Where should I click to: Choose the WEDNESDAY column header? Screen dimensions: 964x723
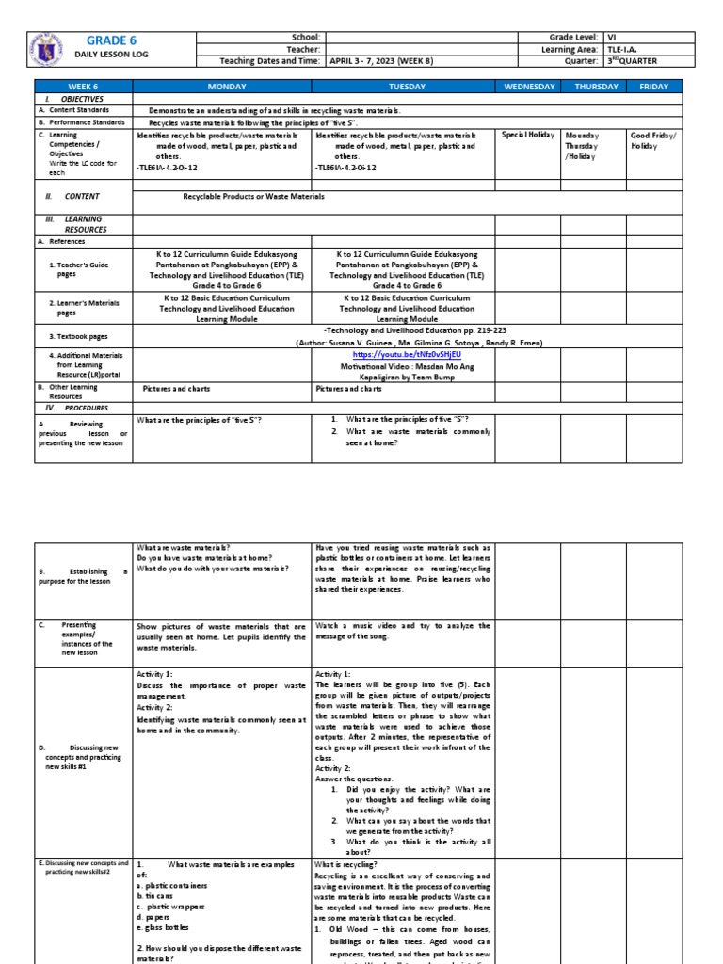click(x=527, y=87)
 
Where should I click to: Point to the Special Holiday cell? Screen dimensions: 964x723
click(x=526, y=135)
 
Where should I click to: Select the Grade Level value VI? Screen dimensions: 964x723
click(x=613, y=36)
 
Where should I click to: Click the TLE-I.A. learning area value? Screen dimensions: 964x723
click(x=626, y=48)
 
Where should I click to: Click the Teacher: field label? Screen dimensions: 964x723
click(x=308, y=48)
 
